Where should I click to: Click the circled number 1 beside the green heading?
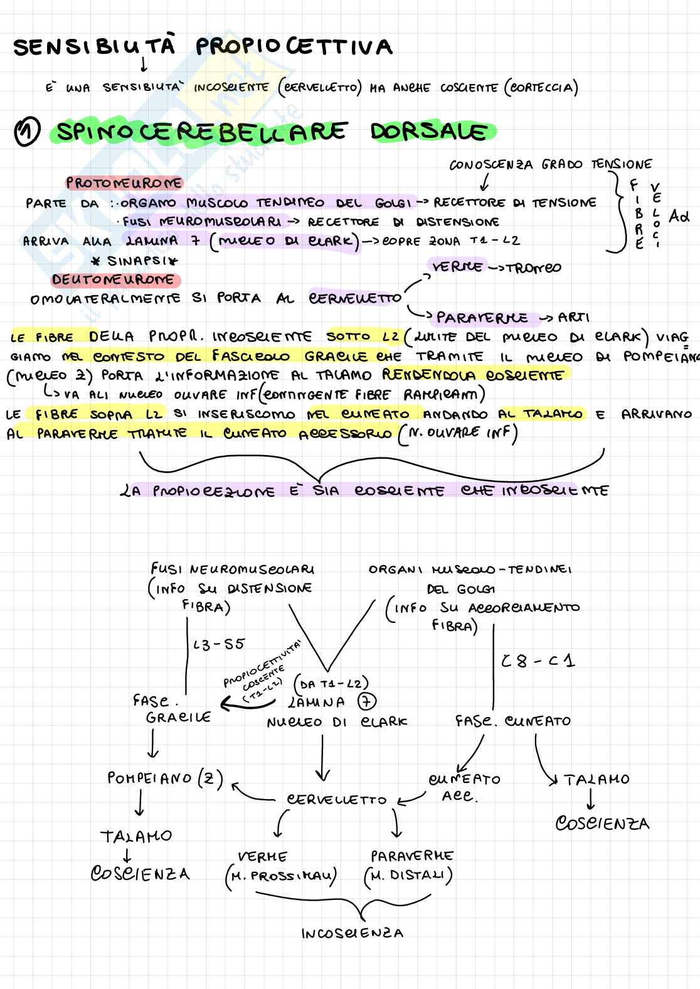click(28, 133)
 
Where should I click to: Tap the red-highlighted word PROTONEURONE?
click(124, 183)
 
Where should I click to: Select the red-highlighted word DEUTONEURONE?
click(116, 279)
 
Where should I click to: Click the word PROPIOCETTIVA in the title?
click(294, 47)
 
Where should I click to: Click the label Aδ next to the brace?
click(679, 216)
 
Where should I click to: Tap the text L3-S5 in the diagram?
click(219, 644)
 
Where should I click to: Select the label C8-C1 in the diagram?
click(538, 661)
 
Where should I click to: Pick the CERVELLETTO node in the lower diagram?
click(337, 800)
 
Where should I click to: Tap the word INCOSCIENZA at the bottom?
click(352, 933)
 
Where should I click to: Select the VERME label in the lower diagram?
click(262, 856)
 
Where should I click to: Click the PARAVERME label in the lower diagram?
click(411, 856)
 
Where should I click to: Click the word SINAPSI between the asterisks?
click(134, 260)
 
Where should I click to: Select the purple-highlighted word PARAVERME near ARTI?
click(482, 318)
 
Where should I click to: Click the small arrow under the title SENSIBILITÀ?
click(144, 64)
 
